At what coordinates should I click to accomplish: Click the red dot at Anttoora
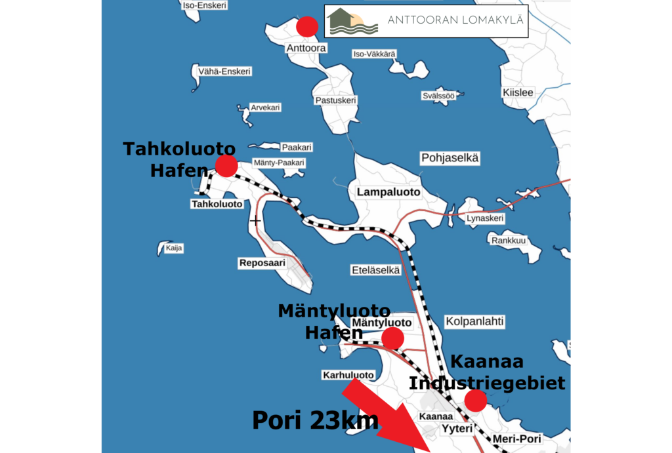click(307, 26)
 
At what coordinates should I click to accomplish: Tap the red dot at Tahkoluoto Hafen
click(226, 165)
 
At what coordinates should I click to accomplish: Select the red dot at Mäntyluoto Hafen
click(392, 338)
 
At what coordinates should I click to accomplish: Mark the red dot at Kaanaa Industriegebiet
click(475, 400)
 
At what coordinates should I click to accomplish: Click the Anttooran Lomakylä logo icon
click(354, 22)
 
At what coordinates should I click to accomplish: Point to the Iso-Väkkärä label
click(375, 54)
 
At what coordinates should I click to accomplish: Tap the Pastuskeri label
click(335, 100)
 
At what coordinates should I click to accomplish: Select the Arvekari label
click(265, 107)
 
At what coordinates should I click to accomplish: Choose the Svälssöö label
click(438, 96)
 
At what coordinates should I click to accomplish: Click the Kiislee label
click(518, 92)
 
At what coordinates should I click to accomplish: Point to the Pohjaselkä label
click(450, 158)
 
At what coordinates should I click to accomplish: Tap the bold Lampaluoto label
click(388, 192)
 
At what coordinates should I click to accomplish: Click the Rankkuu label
click(509, 240)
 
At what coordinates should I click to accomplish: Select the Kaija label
click(174, 248)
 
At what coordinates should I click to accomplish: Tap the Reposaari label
click(262, 263)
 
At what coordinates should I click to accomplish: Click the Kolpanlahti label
click(474, 321)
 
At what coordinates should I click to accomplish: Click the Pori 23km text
click(315, 420)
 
